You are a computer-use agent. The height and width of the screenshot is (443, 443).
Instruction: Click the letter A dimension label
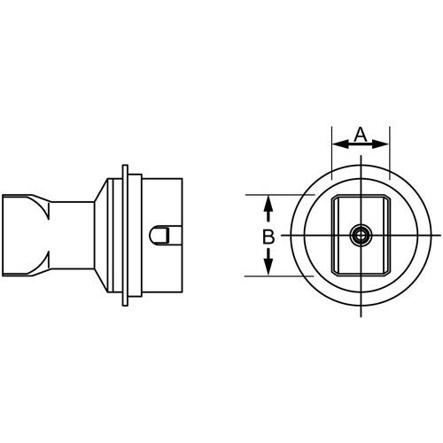coord(360,134)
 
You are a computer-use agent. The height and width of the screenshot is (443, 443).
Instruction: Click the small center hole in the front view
coord(361,235)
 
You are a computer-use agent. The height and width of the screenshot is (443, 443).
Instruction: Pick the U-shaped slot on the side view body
coord(165,236)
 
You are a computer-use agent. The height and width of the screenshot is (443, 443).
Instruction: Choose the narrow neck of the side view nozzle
coord(71,235)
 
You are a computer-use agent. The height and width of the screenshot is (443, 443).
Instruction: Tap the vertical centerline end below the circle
coord(361,312)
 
